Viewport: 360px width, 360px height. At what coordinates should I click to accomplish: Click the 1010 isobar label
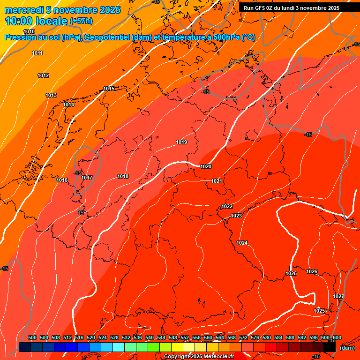29,45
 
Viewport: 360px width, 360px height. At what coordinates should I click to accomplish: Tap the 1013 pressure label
51,95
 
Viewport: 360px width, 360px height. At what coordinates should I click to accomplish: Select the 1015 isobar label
109,89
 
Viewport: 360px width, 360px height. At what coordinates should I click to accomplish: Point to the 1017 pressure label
87,178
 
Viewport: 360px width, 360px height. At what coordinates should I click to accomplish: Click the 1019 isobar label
181,142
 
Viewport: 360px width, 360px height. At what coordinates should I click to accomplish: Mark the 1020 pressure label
206,166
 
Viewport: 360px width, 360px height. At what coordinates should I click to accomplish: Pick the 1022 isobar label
227,206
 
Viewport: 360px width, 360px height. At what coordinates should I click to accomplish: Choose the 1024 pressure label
242,243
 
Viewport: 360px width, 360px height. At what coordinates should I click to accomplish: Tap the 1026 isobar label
312,271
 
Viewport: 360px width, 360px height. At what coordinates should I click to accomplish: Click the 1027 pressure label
338,296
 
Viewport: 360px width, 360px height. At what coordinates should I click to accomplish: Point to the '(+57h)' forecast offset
82,22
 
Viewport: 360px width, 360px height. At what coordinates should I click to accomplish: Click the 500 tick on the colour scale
32,337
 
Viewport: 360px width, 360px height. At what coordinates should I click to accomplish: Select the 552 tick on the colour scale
185,337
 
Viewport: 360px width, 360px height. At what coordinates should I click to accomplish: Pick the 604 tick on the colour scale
337,337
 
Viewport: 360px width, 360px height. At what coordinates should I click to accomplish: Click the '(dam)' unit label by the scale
347,348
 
